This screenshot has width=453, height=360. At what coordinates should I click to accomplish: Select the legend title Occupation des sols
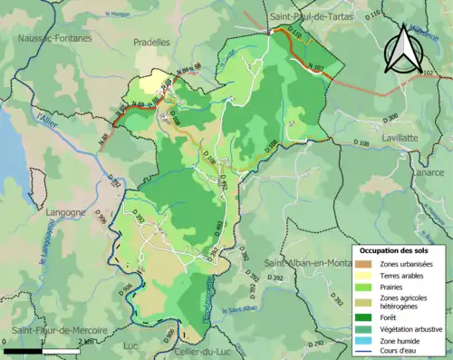[x=396, y=249]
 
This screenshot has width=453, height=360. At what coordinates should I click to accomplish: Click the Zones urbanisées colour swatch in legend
[x=365, y=264]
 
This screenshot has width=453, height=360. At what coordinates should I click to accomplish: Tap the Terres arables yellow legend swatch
[x=365, y=276]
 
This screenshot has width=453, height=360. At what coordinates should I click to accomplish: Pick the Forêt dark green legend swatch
[x=365, y=316]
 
